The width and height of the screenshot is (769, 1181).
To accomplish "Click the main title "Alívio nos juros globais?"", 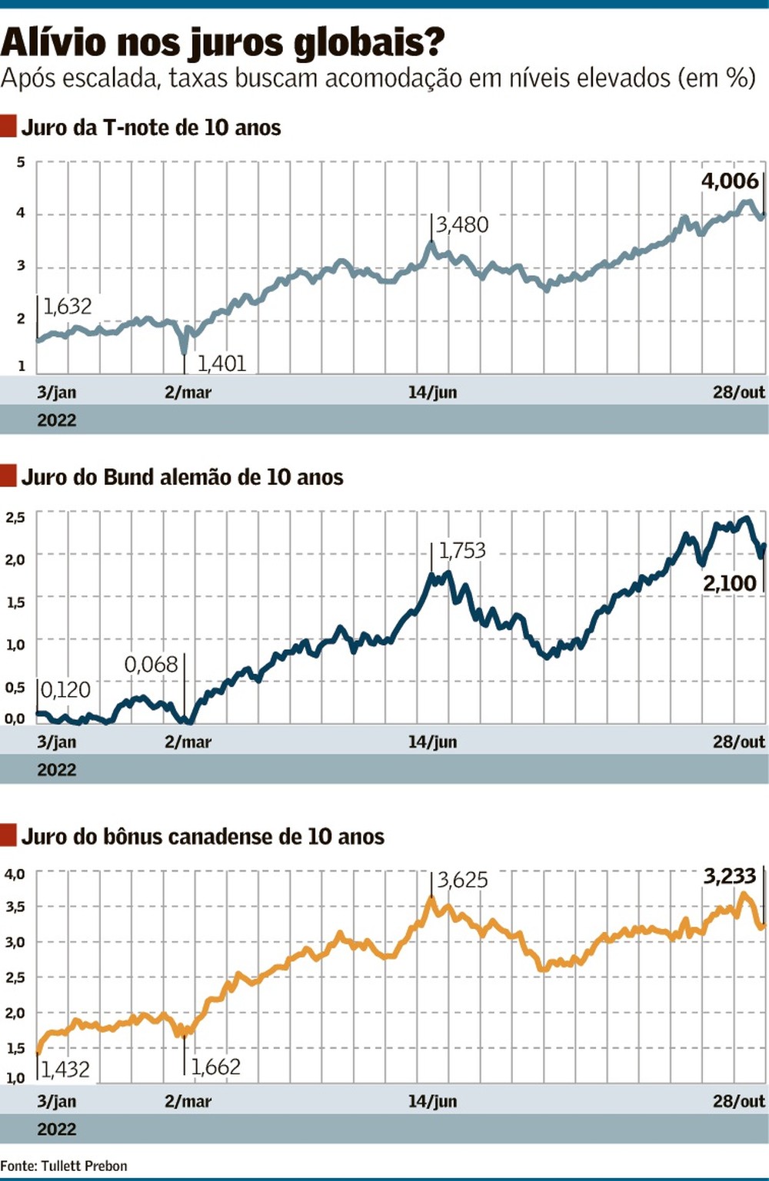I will click(x=223, y=42).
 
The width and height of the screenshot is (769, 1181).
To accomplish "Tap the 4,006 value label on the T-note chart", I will click(x=729, y=181).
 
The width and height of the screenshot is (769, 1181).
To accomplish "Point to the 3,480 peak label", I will click(x=462, y=224).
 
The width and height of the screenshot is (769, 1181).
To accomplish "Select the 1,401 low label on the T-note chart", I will click(x=221, y=363).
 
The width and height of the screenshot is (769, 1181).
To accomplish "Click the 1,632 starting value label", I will click(x=67, y=307).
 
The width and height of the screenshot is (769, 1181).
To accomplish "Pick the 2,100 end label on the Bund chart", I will click(x=729, y=583).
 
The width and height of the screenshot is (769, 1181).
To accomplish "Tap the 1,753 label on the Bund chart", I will click(x=462, y=550).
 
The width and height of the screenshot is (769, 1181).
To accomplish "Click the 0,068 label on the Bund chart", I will click(x=151, y=664).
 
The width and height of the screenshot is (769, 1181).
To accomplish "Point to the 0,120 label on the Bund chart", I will click(x=65, y=690).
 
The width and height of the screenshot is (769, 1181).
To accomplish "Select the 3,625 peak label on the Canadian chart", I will click(x=462, y=880).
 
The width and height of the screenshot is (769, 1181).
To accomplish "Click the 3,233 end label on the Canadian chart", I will click(x=729, y=876).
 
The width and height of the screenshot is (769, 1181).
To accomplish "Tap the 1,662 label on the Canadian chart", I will click(x=215, y=1067).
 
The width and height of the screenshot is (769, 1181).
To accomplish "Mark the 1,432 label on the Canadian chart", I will click(x=65, y=1069).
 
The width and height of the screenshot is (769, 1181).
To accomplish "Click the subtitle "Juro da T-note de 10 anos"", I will click(x=151, y=128).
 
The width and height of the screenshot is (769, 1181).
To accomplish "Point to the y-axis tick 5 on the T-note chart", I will click(x=21, y=162).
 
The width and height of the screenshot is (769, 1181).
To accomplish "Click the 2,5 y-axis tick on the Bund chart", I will click(x=15, y=517).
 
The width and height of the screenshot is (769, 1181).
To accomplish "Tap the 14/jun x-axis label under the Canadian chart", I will click(x=432, y=1101).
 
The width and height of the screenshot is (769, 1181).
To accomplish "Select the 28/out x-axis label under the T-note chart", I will click(x=738, y=392).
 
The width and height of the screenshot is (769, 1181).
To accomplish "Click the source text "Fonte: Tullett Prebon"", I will click(x=64, y=1166).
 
